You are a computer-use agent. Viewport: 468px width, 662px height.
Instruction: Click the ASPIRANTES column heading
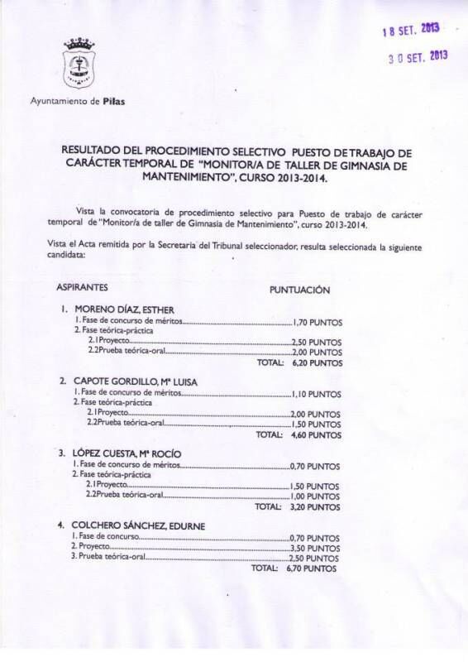tap(82, 290)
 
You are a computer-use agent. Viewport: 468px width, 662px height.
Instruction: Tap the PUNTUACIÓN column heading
tap(300, 290)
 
